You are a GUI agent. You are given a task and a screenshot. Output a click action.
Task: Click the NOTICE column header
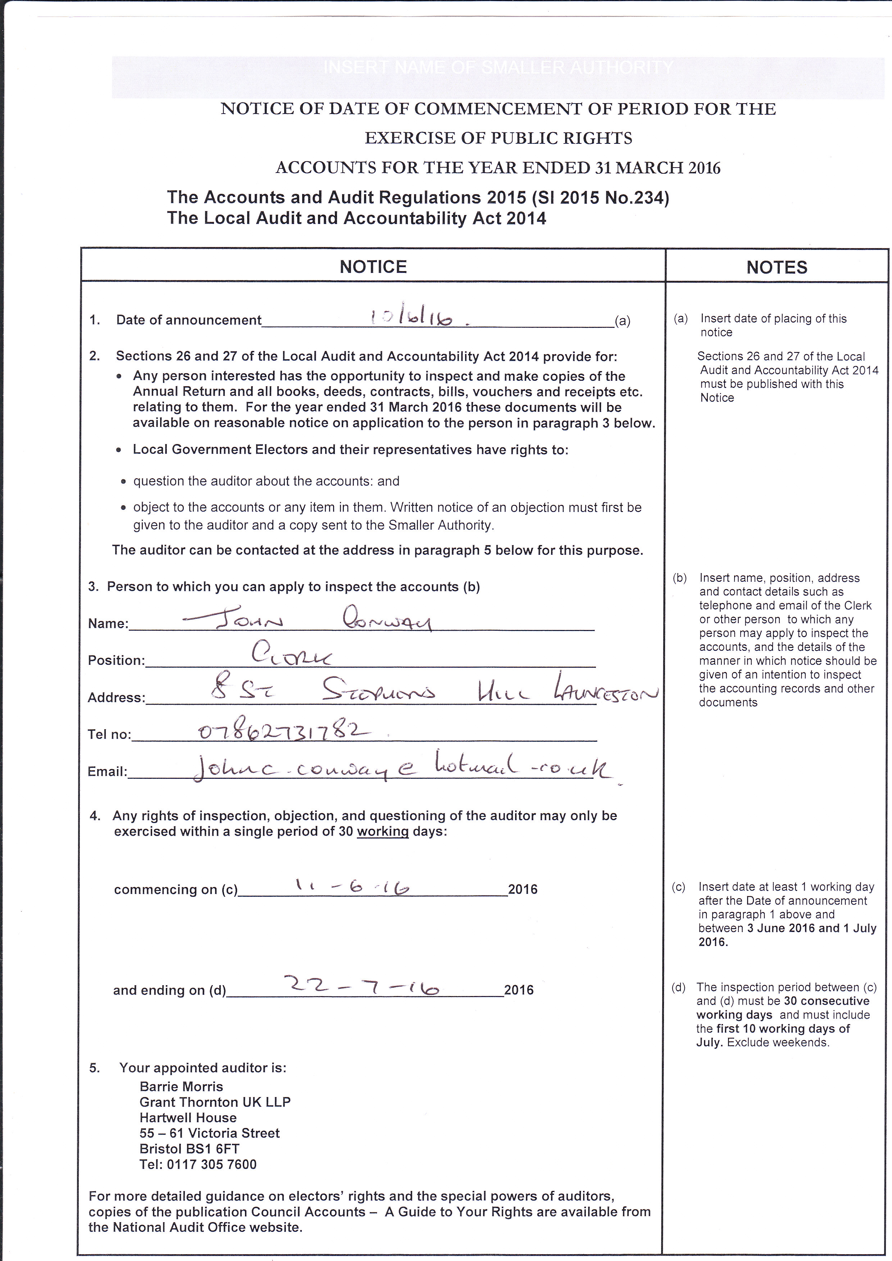[373, 267]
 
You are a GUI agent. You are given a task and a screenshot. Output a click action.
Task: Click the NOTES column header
[777, 268]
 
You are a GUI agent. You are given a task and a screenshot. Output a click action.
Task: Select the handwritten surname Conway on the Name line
[387, 621]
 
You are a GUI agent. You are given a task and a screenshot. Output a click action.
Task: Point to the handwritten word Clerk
[291, 655]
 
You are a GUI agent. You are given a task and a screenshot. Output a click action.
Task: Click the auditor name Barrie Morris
[181, 1086]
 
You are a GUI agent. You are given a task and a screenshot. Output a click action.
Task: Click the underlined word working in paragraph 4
[382, 832]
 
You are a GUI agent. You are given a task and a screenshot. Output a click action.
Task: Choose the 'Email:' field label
[107, 772]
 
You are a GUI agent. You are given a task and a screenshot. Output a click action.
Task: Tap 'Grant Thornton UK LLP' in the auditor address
[215, 1102]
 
